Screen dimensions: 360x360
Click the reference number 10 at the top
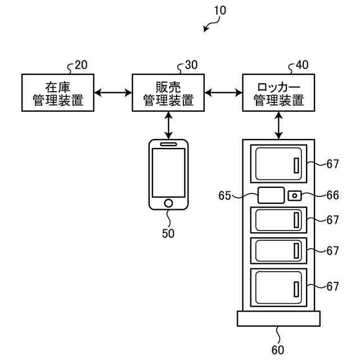coord(220,10)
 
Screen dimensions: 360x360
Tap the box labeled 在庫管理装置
coord(58,93)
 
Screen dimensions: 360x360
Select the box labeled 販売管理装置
coord(168,93)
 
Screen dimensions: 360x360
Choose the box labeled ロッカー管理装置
coord(278,93)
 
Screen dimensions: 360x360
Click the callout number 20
coord(81,65)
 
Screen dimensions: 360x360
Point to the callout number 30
coord(191,65)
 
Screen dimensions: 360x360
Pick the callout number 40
coord(302,65)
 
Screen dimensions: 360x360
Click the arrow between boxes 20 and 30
coord(113,93)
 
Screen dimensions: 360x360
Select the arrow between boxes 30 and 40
coord(223,93)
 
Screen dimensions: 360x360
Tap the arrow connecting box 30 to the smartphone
coord(169,125)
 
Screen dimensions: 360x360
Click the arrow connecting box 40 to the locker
coord(279,125)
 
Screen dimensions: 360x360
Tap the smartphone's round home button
coord(169,203)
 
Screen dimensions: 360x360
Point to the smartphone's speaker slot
coord(169,144)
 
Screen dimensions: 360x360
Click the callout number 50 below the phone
coord(168,233)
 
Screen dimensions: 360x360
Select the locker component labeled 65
coord(271,195)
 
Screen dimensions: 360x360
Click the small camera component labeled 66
coord(295,196)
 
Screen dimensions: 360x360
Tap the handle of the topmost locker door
coord(296,165)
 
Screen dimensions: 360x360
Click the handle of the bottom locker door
coord(296,289)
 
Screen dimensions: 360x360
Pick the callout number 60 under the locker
coord(278,350)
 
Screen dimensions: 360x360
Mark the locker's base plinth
coord(279,319)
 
